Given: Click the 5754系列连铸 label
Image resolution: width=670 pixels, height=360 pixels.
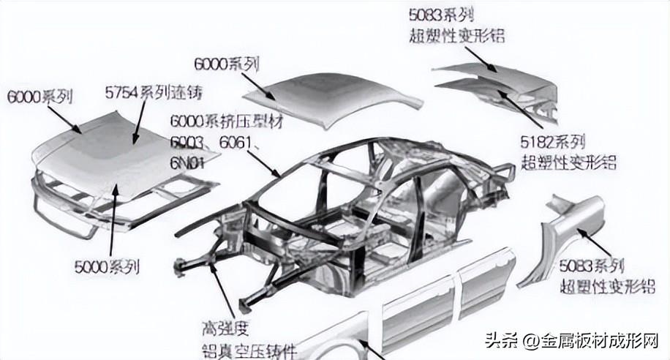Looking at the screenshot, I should (x=153, y=93).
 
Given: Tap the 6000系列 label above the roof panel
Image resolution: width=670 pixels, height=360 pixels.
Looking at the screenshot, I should (x=227, y=64).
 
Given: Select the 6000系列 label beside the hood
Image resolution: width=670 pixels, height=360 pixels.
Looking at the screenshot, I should (x=39, y=96).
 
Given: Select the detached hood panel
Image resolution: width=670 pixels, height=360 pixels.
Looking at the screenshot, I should (x=117, y=157).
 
